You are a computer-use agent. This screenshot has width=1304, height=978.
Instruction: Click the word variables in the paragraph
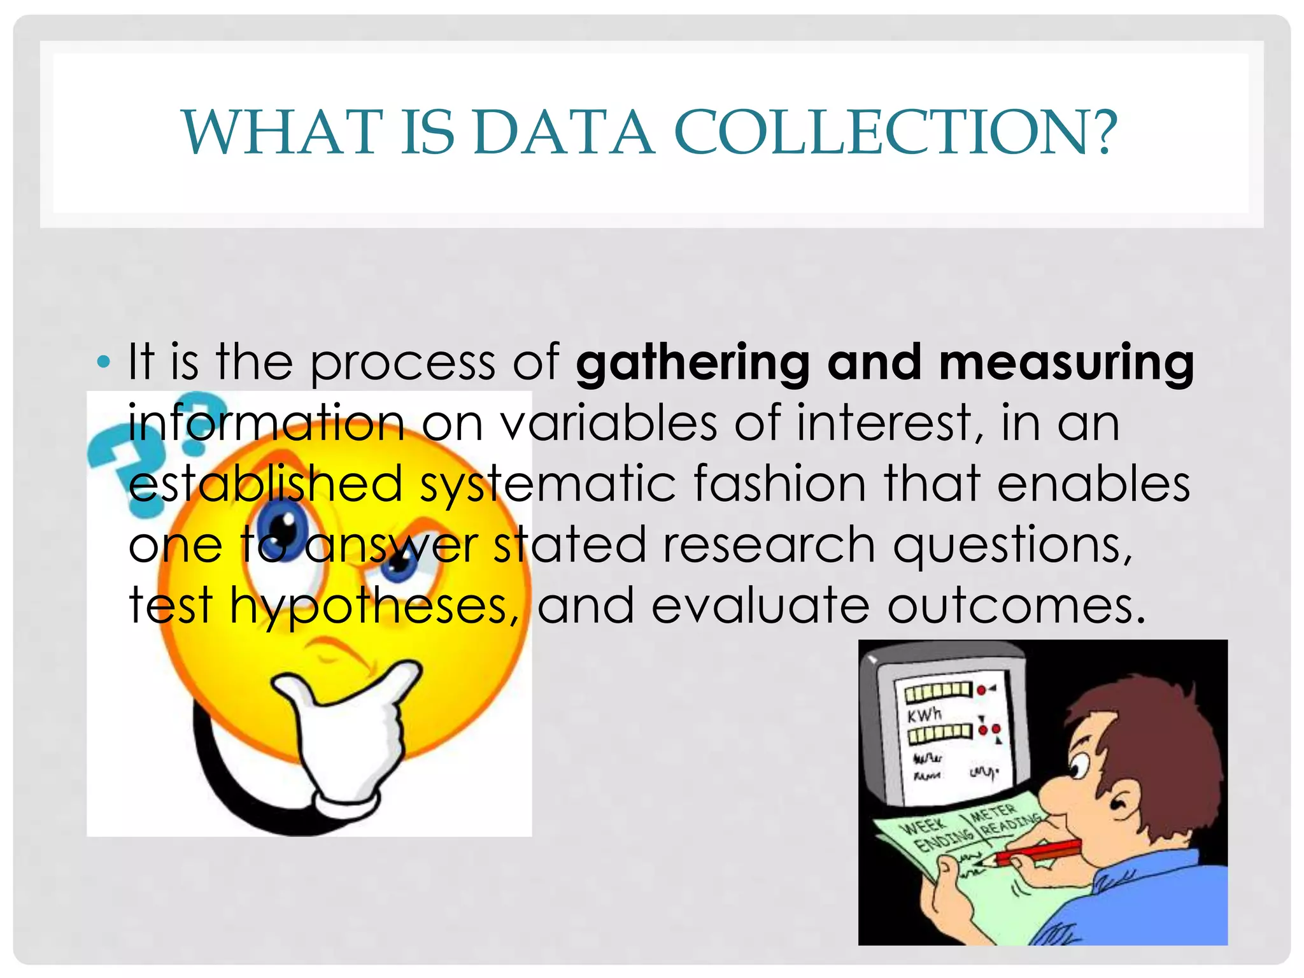[x=609, y=423]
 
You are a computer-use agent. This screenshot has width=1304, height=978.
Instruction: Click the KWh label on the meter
[x=924, y=714]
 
